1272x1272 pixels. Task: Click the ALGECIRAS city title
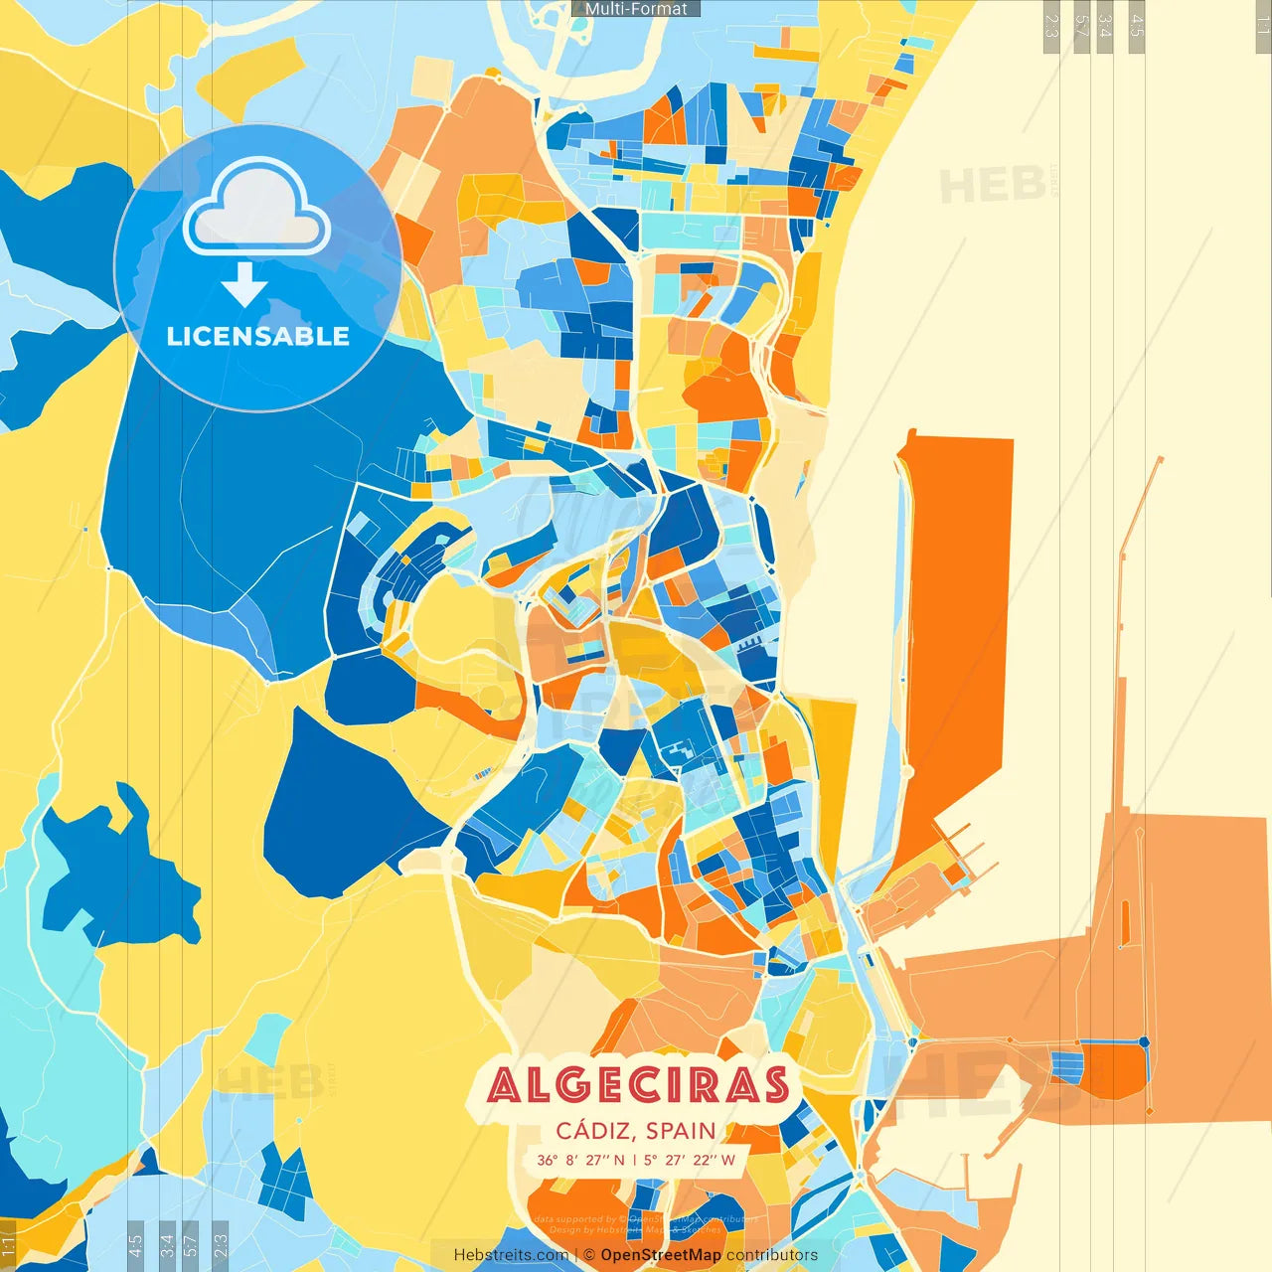click(638, 1086)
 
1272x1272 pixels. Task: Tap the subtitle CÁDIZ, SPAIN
click(636, 1131)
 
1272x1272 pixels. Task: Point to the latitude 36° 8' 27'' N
click(581, 1160)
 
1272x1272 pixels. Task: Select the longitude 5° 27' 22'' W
click(689, 1160)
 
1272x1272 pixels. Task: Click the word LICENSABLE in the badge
click(257, 336)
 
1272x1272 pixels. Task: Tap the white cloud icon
click(256, 207)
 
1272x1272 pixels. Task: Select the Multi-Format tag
click(636, 9)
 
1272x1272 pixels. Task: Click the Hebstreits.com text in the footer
click(511, 1255)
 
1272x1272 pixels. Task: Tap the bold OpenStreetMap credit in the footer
click(661, 1255)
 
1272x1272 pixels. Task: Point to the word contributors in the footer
click(772, 1255)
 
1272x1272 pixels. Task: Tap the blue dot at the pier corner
click(1144, 1041)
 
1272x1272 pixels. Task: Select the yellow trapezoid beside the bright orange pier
click(833, 755)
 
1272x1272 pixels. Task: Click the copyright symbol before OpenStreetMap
click(588, 1255)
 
